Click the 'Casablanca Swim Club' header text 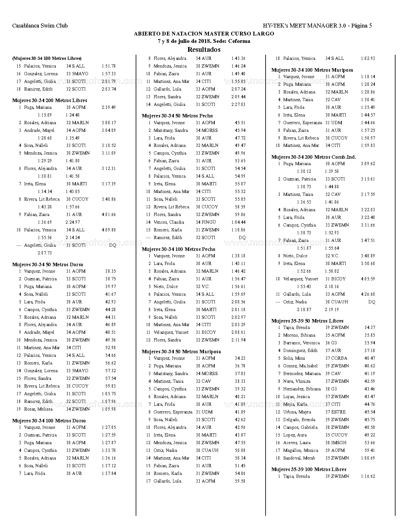click(40, 26)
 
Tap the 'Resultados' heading click(204, 50)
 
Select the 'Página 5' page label click(361, 26)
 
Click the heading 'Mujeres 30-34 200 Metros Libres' click(50, 100)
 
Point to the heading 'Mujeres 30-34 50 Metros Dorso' click(48, 265)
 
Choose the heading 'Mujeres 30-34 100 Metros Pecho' click(179, 249)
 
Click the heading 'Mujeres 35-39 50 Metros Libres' click(307, 321)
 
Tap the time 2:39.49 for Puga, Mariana click(109, 108)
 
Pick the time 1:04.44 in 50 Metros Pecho click(238, 222)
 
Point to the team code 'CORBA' click(339, 358)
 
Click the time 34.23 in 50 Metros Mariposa click(240, 358)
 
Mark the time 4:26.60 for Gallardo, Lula click(368, 294)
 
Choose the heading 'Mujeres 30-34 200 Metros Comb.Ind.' click(314, 157)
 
